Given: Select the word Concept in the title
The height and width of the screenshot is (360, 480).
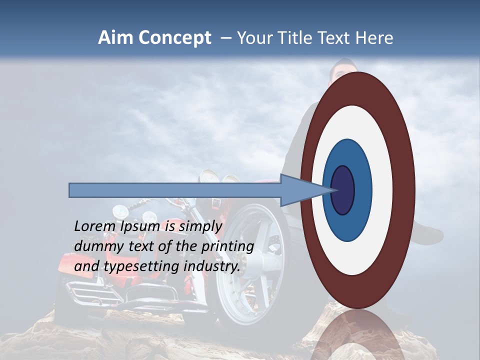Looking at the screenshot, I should [175, 38].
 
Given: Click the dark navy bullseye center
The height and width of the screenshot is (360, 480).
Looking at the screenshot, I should [343, 190].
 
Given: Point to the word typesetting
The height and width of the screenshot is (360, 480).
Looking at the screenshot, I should [141, 267].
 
